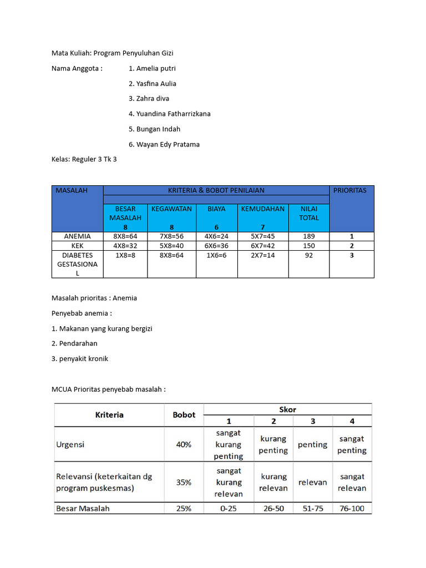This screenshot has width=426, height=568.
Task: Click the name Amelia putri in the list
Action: [x=152, y=68]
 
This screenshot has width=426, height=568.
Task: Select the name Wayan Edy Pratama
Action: [x=164, y=144]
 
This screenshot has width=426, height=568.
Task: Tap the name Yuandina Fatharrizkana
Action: [x=169, y=114]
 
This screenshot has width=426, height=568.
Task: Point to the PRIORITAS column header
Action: [x=350, y=190]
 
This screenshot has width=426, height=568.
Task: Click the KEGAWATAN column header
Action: [x=171, y=209]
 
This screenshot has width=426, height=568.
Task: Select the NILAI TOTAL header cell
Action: [x=309, y=214]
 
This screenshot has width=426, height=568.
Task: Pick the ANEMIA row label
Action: [x=77, y=236]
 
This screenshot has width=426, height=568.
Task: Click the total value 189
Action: [x=309, y=236]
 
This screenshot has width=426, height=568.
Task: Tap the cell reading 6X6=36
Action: [x=216, y=246]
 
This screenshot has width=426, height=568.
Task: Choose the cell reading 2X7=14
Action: [x=263, y=256]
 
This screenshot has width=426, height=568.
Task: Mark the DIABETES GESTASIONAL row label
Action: [x=77, y=265]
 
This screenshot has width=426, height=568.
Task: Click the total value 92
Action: [x=309, y=256]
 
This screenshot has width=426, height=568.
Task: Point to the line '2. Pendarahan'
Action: [x=74, y=343]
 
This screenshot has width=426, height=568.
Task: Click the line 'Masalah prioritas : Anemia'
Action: [x=94, y=298]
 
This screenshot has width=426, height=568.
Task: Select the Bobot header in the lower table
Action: [x=184, y=415]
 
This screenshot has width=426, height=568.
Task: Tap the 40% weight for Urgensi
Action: [x=184, y=444]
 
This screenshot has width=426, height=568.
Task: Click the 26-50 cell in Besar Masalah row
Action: [x=273, y=508]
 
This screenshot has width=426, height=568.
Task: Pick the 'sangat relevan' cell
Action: [x=352, y=482]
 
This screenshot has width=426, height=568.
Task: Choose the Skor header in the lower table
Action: [x=288, y=409]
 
